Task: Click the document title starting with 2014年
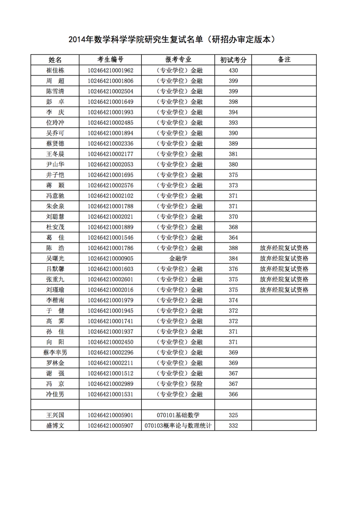click(174, 40)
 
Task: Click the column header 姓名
click(55, 60)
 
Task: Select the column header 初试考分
click(233, 60)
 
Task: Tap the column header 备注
click(284, 60)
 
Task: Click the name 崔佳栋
click(55, 70)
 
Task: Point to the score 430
click(233, 70)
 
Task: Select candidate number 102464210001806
click(110, 81)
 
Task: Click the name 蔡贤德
click(55, 143)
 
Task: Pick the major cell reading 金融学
click(178, 258)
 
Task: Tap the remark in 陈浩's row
click(284, 248)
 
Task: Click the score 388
click(233, 248)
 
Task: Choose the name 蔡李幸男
click(55, 352)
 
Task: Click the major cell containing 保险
click(178, 384)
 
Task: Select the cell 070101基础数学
click(178, 415)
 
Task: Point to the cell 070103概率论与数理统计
click(178, 426)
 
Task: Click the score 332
click(233, 426)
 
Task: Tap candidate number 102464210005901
click(110, 415)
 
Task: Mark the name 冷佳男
click(55, 394)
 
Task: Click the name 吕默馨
click(55, 269)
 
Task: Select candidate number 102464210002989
click(110, 384)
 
